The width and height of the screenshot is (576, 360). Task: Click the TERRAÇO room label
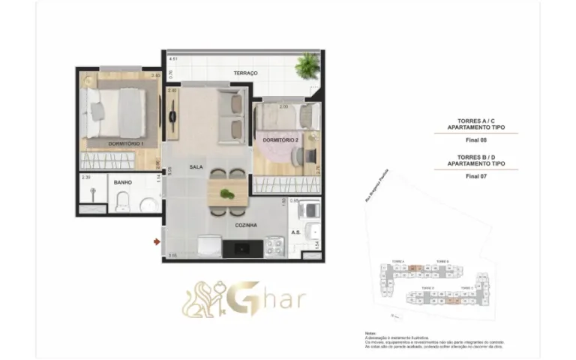click(x=245, y=73)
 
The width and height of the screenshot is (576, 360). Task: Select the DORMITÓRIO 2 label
click(x=281, y=140)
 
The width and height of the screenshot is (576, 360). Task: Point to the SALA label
click(x=196, y=166)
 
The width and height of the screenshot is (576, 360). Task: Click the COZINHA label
click(x=245, y=224)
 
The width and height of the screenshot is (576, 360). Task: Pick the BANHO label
click(x=123, y=182)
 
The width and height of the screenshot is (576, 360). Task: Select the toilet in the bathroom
click(x=124, y=201)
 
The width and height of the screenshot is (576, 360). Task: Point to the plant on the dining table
click(x=226, y=194)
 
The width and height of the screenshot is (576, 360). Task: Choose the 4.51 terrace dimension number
click(x=173, y=58)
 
